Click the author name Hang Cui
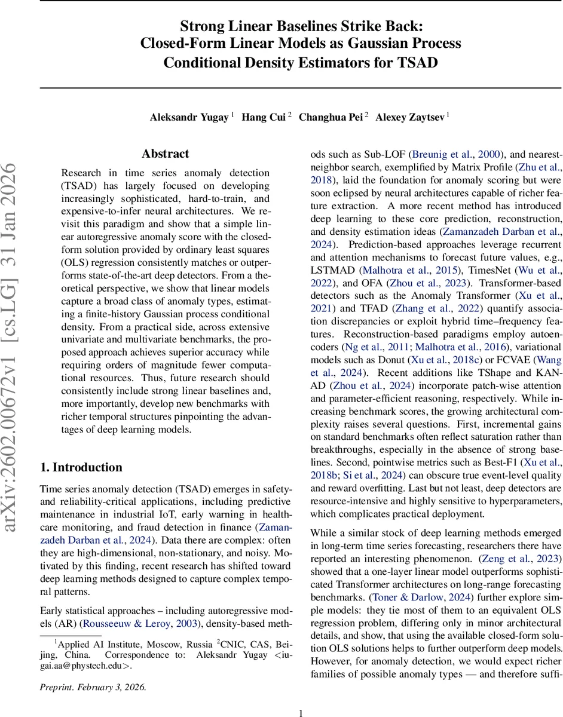[x=263, y=117]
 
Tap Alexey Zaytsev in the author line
[x=410, y=117]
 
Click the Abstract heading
[x=166, y=154]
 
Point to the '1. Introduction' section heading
[x=81, y=467]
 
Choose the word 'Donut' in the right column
[x=392, y=360]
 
